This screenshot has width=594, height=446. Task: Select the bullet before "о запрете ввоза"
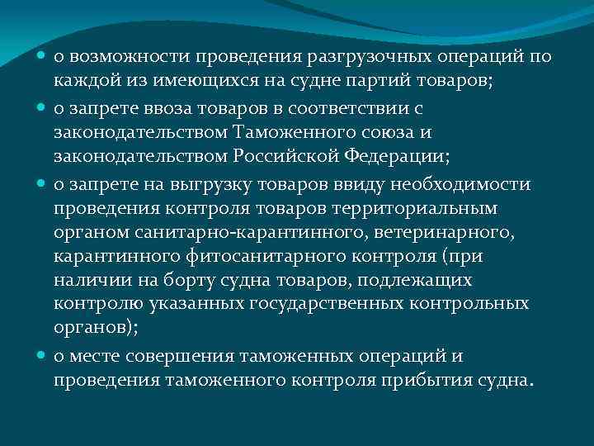click(41, 107)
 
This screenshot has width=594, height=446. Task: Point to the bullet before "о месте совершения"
click(41, 356)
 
